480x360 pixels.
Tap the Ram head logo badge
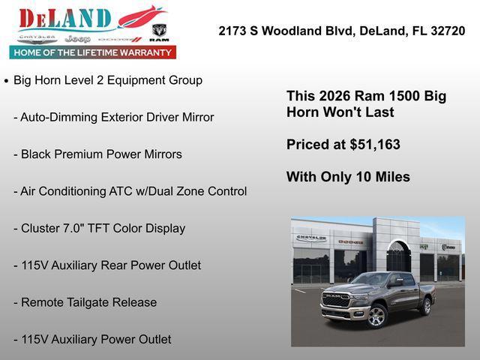[159, 32]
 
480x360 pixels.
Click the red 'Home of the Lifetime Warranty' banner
[93, 52]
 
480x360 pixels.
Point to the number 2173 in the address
[233, 31]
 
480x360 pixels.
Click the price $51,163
[375, 145]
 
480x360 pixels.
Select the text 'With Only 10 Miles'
[348, 177]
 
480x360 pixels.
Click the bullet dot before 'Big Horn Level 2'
[7, 80]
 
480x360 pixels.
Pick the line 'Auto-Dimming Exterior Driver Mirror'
[117, 117]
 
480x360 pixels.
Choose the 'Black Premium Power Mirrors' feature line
[101, 154]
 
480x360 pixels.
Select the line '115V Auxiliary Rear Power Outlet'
[111, 265]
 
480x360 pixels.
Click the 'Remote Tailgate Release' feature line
[89, 302]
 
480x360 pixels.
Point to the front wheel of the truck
[376, 316]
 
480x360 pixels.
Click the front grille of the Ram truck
[335, 300]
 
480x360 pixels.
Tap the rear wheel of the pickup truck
[426, 306]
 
